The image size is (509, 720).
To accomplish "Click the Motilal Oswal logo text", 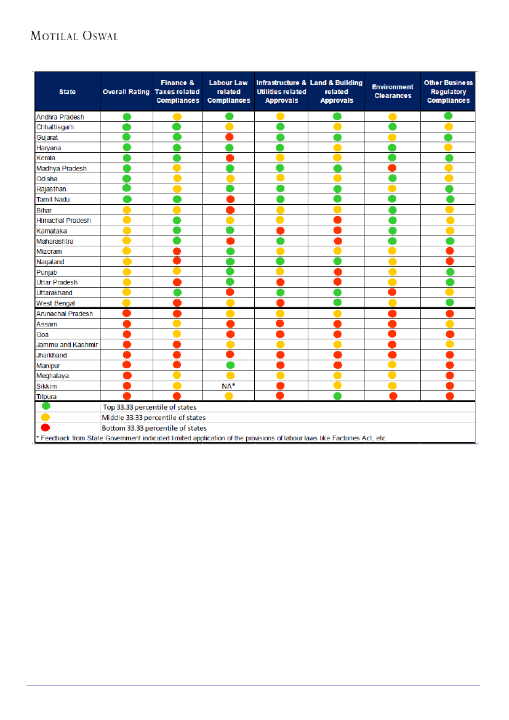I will tap(74, 36).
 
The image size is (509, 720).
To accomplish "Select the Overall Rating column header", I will tap(126, 92).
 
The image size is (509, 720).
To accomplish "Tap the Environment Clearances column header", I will tap(393, 91).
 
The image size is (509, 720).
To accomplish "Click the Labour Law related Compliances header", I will tap(228, 91).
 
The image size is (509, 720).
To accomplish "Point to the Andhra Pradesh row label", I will tap(60, 117).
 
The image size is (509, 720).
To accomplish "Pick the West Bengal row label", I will tap(55, 303).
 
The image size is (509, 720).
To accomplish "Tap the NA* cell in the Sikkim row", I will tap(228, 386).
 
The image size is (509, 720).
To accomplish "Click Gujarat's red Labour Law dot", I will tap(230, 137).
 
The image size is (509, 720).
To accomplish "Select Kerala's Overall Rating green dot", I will tap(127, 158).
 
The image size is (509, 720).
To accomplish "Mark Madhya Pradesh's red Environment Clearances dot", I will tap(393, 168).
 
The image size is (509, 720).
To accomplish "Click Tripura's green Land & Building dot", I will tap(337, 396).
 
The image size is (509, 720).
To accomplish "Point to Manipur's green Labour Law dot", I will tap(230, 365).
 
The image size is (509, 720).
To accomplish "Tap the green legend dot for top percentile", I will tap(46, 407).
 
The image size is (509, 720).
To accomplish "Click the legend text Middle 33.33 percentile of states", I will tap(154, 417).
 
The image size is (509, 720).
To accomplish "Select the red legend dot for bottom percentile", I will tap(46, 427).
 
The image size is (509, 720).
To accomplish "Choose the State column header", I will tap(68, 92).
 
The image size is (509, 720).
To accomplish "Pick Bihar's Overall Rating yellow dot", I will tap(127, 210).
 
